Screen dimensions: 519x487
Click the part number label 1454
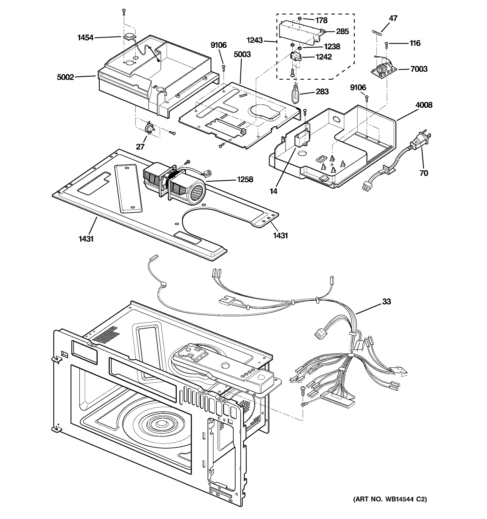[x=85, y=38]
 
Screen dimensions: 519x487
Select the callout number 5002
[x=65, y=77]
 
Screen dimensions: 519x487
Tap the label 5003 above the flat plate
[x=242, y=54]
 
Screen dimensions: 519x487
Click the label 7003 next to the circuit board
[x=419, y=69]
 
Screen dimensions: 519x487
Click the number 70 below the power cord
[x=424, y=173]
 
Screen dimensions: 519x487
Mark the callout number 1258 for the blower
[x=245, y=179]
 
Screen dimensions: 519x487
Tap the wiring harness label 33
[x=386, y=301]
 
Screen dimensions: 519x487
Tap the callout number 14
[x=273, y=191]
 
